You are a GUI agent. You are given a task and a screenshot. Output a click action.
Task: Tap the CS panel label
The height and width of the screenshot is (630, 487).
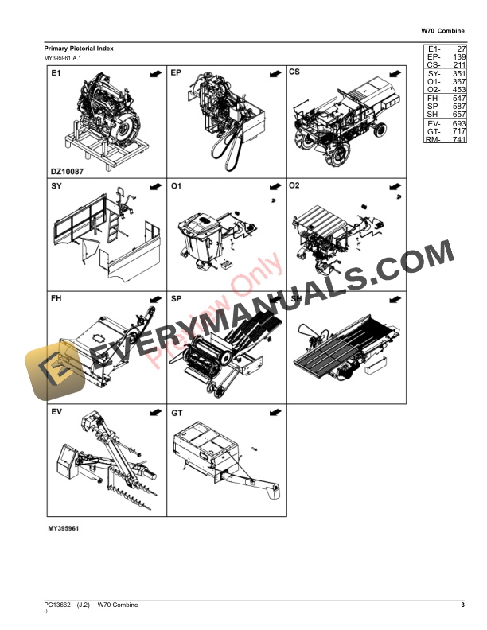pos(294,73)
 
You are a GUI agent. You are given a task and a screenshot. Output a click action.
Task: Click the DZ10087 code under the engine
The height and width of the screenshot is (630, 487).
pos(67,170)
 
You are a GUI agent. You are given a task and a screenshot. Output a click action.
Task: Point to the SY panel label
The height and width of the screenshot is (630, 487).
pos(56,186)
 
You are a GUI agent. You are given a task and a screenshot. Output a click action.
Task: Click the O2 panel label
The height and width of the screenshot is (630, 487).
pos(294,186)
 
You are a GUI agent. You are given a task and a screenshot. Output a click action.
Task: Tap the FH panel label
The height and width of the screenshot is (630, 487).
pos(56,300)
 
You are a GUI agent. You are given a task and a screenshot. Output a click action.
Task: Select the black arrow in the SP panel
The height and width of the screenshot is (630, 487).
pos(275,300)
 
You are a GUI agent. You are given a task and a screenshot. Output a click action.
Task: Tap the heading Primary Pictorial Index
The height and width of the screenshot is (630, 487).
pos(79,49)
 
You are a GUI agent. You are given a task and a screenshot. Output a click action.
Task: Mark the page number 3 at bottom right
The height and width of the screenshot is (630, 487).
pos(462,607)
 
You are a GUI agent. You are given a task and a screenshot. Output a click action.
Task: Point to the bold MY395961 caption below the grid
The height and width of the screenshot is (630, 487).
pos(62,528)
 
